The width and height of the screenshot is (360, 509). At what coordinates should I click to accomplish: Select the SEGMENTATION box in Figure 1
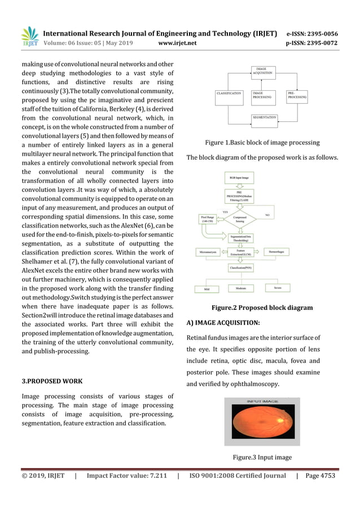pos(264,118)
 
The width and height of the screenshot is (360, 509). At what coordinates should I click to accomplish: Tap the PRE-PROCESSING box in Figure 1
pos(296,95)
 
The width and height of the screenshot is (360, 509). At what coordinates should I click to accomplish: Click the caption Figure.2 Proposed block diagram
pos(262,308)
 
